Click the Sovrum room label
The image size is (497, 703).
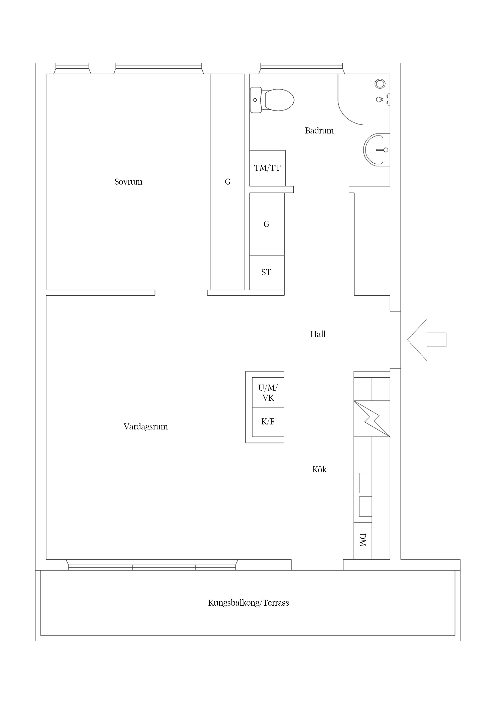point(128,182)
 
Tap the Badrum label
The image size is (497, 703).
point(319,131)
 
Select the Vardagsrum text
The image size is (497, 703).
point(145,427)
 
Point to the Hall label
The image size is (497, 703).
point(318,334)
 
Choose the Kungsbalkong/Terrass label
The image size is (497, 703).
point(248,603)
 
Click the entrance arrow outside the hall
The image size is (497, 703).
point(427,340)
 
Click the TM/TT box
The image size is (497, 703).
point(267,168)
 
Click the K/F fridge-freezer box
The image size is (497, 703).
point(268,422)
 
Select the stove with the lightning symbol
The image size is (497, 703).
point(372,419)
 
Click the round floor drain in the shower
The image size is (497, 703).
point(380,84)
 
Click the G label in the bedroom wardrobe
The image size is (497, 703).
point(227,182)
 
